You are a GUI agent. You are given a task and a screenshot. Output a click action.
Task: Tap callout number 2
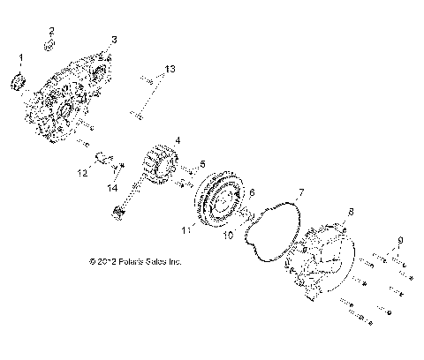(50, 31)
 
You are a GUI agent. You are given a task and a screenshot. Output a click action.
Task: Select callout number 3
(113, 40)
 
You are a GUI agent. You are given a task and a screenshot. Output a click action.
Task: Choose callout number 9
(400, 240)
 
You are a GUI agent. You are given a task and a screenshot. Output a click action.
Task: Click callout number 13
(170, 68)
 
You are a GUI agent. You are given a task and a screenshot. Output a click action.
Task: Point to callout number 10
(228, 236)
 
